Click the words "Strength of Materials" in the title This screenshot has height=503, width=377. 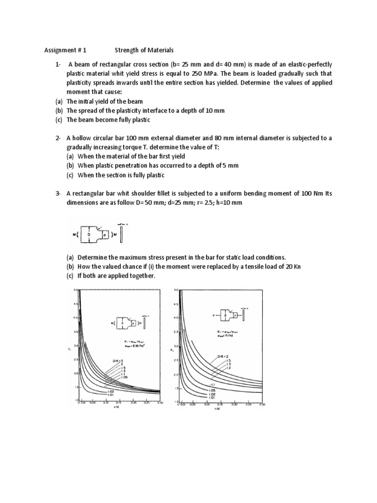tap(144, 50)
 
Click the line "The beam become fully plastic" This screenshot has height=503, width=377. tap(108, 120)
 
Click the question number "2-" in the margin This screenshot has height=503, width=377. tap(58, 138)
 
